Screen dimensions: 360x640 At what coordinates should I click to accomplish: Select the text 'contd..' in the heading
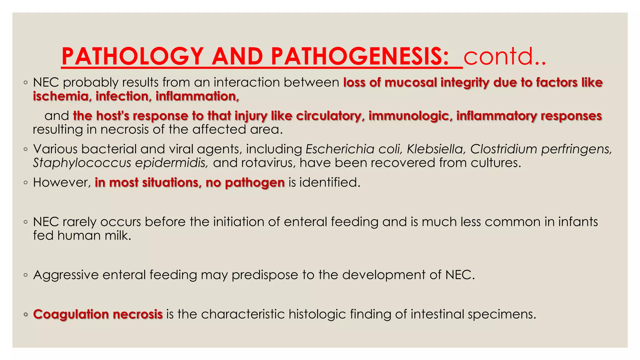[x=504, y=56]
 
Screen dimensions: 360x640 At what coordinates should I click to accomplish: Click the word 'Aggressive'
[x=66, y=275]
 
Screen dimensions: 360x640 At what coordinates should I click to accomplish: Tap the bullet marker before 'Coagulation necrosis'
[x=26, y=315]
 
